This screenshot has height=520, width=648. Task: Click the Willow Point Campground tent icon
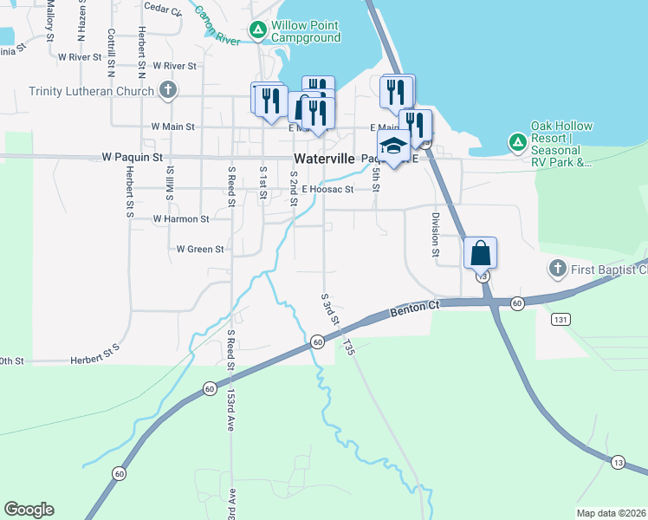(258, 30)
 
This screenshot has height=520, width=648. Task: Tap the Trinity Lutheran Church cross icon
(168, 90)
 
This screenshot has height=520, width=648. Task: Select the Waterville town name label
(324, 159)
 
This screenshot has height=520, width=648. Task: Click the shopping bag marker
(480, 254)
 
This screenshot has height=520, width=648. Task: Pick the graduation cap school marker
(392, 146)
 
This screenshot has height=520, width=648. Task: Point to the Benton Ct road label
(415, 309)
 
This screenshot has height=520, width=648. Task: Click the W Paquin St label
(133, 158)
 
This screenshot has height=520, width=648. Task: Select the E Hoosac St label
(328, 189)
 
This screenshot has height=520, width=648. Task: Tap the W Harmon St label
(181, 219)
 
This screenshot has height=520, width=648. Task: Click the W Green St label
(200, 249)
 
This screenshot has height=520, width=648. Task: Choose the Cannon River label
(217, 27)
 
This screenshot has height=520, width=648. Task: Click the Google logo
(29, 510)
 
